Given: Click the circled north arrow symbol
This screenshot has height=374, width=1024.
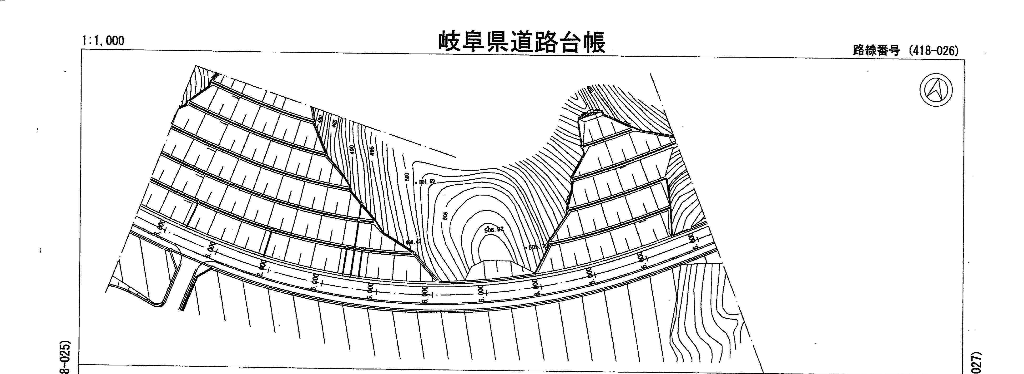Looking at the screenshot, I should (x=936, y=90).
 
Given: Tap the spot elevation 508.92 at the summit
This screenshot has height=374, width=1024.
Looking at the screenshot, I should (x=494, y=229).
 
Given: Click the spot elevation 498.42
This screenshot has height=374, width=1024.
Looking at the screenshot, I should (x=412, y=242).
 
